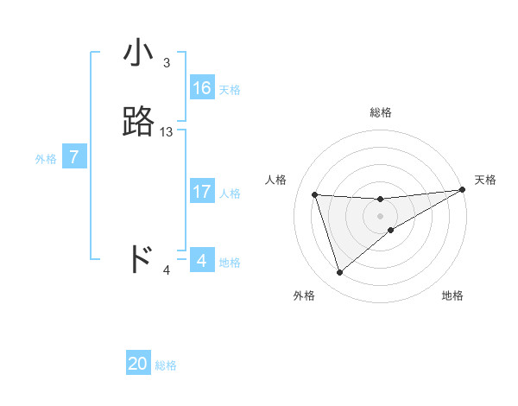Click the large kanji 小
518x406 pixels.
[x=139, y=54]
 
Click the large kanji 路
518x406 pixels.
[x=139, y=122]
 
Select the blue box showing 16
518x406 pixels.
[x=202, y=88]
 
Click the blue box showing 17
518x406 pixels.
[x=202, y=193]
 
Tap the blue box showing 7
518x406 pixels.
[x=74, y=157]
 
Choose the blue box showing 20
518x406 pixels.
[x=138, y=364]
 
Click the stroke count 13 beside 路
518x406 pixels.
[x=167, y=132]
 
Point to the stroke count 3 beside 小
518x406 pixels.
[x=166, y=63]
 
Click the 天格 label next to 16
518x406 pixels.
[x=230, y=90]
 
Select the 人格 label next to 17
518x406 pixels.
[x=230, y=193]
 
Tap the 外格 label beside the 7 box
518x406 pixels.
[x=46, y=159]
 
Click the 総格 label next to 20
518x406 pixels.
[x=166, y=365]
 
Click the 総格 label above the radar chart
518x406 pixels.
[x=381, y=112]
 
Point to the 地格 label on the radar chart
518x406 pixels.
[x=452, y=296]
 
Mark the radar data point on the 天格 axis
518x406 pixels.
[x=463, y=190]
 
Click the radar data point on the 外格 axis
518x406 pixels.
[x=339, y=273]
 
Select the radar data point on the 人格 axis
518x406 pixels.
[x=315, y=194]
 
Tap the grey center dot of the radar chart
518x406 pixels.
[x=381, y=216]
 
